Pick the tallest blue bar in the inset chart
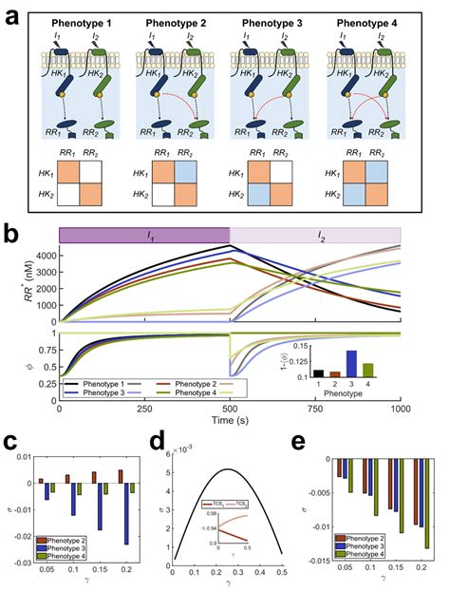pos(378,365)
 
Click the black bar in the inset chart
pos(346,374)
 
